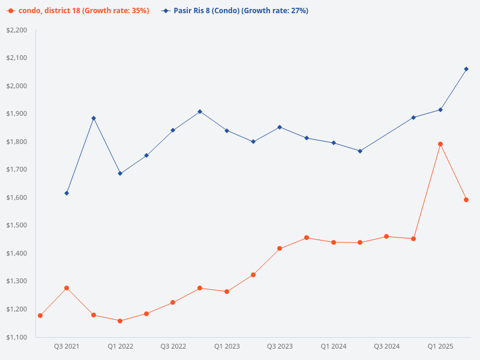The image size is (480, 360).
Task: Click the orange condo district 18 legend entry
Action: (x=79, y=11)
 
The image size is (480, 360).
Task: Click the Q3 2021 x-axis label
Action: (x=67, y=347)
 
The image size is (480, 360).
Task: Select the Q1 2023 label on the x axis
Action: (x=227, y=347)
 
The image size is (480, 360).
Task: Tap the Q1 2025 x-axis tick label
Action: (x=440, y=347)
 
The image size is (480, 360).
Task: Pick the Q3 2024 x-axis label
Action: (x=386, y=347)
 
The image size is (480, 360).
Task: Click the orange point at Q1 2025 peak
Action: (x=440, y=144)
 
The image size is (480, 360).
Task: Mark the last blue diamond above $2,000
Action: (x=466, y=69)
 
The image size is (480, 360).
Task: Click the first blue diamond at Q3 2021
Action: (x=67, y=193)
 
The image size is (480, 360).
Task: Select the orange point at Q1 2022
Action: (x=120, y=321)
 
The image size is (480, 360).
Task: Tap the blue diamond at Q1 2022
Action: (x=120, y=173)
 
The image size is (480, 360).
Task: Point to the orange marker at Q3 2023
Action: (x=280, y=248)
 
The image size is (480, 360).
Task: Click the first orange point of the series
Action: (x=40, y=316)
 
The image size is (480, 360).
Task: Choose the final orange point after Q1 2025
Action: (x=466, y=200)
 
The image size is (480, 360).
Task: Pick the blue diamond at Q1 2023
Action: (x=227, y=131)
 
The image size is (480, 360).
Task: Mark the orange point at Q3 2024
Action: (x=386, y=236)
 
